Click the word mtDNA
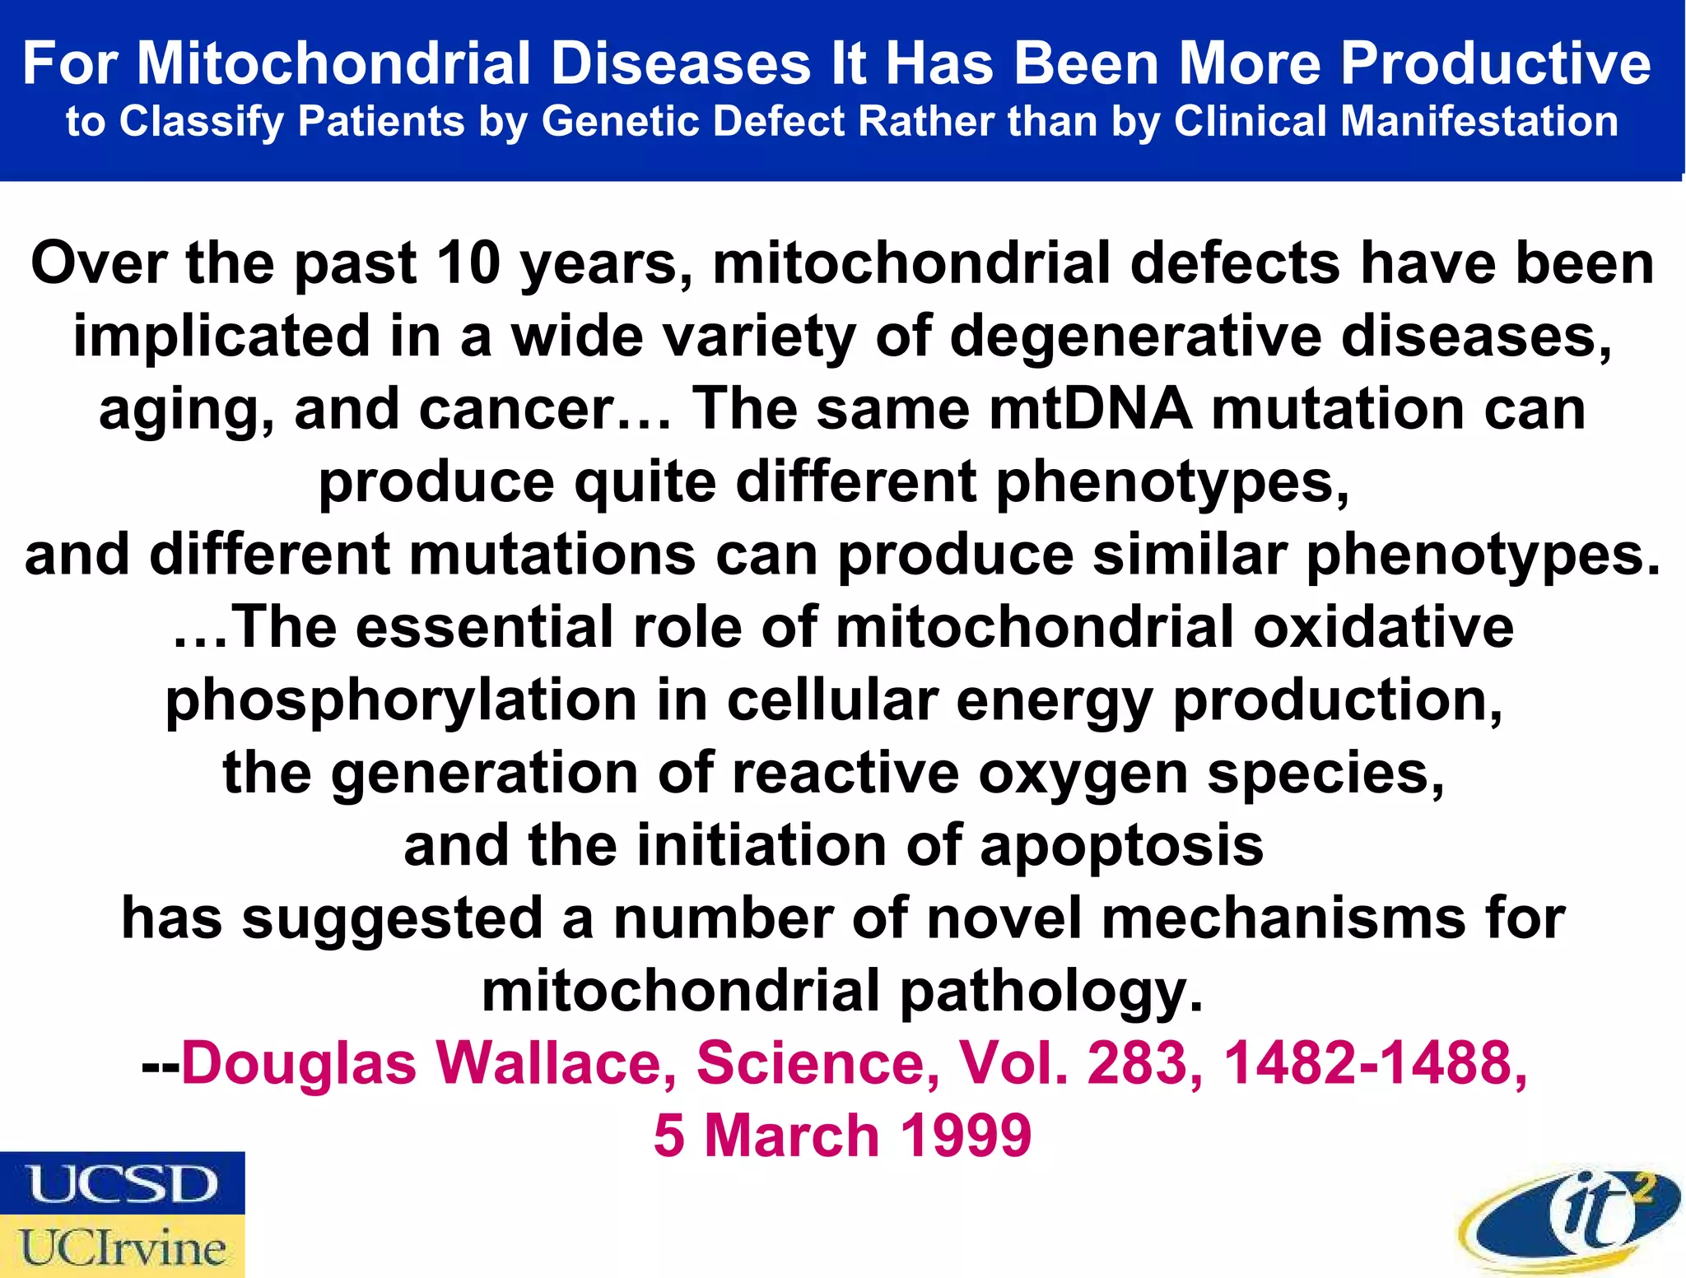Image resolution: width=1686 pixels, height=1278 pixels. (1091, 409)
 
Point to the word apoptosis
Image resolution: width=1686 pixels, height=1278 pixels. (1121, 846)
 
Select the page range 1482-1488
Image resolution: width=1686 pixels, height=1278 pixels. (1375, 1063)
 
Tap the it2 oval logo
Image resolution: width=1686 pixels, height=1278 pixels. (1570, 1219)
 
